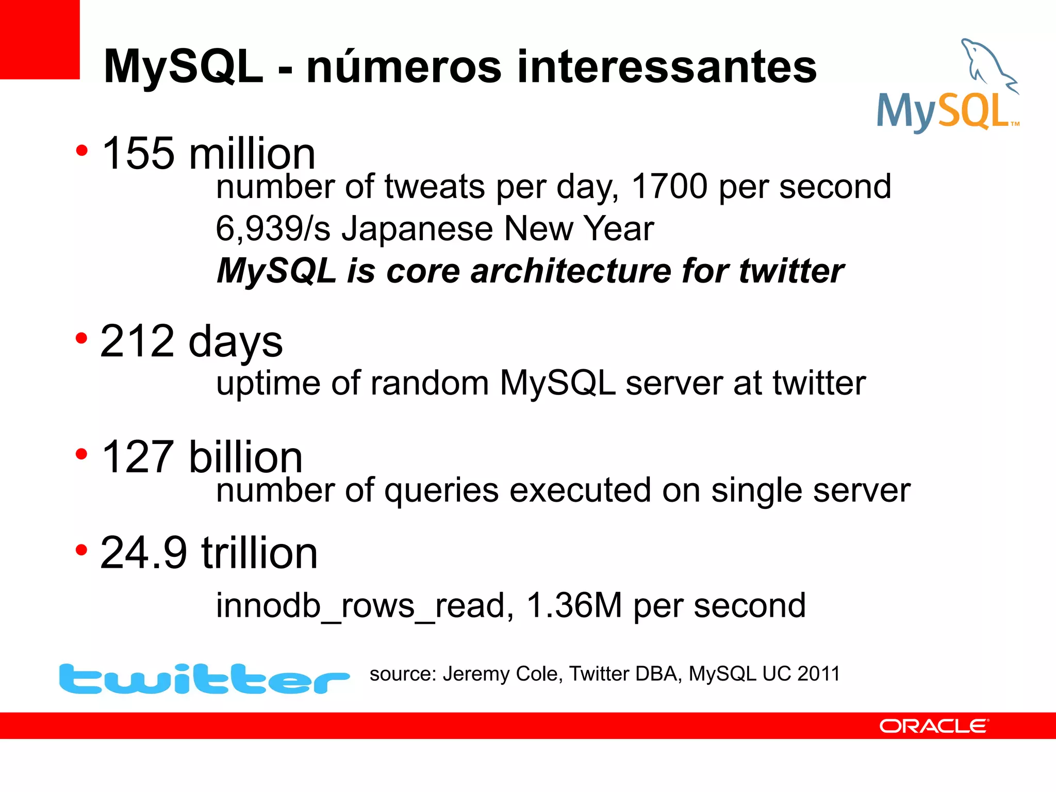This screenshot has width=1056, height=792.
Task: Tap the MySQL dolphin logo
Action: [948, 85]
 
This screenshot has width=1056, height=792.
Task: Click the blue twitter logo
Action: [204, 679]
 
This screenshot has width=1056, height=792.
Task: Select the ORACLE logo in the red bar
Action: [934, 726]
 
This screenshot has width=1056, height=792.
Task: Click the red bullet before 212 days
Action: [81, 339]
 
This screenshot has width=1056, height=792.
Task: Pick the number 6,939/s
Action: [273, 228]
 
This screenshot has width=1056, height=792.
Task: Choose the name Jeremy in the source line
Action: [476, 674]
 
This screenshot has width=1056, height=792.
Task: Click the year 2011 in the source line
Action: [818, 674]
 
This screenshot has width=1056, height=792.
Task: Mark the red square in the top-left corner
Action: [40, 39]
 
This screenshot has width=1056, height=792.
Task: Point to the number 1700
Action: [669, 186]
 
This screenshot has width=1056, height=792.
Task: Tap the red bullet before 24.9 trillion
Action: [81, 550]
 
